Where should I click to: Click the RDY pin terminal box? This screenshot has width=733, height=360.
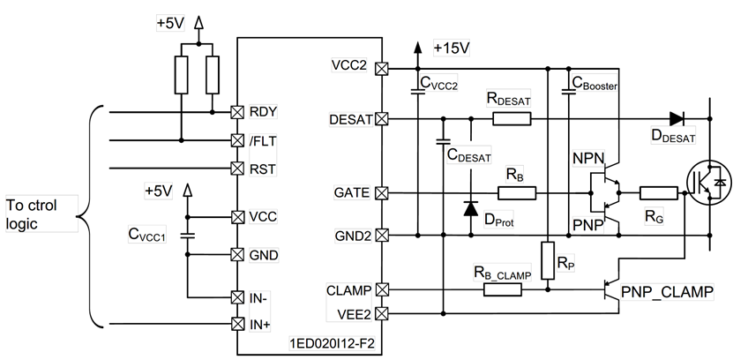[x=238, y=112]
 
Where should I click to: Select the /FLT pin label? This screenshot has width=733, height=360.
[x=263, y=140]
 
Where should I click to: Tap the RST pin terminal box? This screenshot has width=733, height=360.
[x=238, y=169]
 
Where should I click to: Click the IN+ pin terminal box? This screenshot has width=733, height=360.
[x=238, y=324]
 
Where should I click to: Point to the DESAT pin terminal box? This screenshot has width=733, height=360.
[x=382, y=119]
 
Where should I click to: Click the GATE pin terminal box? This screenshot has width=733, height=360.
[x=382, y=192]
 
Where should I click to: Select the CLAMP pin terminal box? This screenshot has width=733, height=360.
[x=382, y=290]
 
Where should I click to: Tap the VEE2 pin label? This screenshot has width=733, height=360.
[x=355, y=315]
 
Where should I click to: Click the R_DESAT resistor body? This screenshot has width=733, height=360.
[x=512, y=119]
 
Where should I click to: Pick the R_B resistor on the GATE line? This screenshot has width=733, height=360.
[x=517, y=192]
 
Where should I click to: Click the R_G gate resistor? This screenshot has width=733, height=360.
[x=658, y=192]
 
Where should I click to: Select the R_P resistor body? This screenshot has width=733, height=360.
[x=548, y=260]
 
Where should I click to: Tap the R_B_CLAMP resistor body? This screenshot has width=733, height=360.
[x=503, y=290]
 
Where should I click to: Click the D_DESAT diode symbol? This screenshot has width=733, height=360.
[x=677, y=119]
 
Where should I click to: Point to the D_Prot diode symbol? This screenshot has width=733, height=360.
[x=471, y=208]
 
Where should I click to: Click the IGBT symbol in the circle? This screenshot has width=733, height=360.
[x=709, y=183]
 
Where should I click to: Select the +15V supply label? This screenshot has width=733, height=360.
[x=452, y=48]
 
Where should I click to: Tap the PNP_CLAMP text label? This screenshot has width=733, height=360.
[x=667, y=292]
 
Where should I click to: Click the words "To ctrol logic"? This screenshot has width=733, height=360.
[x=32, y=214]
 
